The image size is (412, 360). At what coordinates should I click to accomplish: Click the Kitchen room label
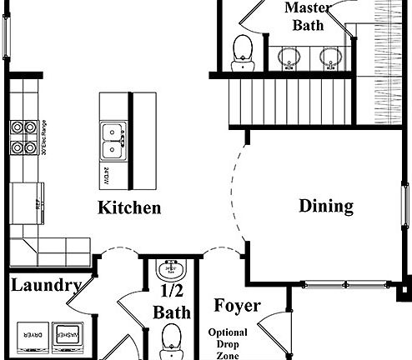click(129, 207)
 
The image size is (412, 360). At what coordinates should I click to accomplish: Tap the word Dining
click(326, 206)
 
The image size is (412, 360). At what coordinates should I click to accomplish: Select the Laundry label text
click(46, 287)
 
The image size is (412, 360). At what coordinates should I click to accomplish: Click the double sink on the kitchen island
click(112, 141)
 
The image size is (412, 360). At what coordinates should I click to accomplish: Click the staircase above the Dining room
click(287, 98)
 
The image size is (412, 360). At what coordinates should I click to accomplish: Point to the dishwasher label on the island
click(107, 176)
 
